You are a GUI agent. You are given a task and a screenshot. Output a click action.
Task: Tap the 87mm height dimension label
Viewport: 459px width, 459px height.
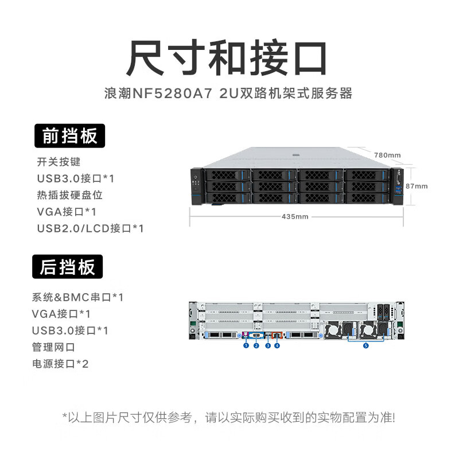click(417, 186)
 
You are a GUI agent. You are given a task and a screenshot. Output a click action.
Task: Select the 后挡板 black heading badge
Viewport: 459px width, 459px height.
click(68, 267)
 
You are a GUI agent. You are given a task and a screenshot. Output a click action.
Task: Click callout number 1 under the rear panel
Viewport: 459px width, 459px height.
click(246, 345)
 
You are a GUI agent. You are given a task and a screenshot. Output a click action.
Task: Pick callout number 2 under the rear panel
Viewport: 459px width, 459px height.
click(256, 345)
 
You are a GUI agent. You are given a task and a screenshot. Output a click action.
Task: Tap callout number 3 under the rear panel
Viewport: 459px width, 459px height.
click(268, 345)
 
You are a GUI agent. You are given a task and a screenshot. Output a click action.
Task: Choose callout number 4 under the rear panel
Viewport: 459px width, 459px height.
click(278, 345)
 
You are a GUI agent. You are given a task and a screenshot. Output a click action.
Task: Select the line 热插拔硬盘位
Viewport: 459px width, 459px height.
click(69, 195)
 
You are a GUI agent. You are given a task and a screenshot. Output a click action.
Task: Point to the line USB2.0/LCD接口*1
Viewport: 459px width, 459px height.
click(90, 228)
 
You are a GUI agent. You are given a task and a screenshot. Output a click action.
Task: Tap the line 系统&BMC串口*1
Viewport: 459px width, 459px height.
click(78, 297)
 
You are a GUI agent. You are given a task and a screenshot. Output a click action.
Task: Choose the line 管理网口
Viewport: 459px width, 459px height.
click(54, 347)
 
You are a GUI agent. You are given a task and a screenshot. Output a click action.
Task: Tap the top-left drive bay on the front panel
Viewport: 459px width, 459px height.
click(225, 175)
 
